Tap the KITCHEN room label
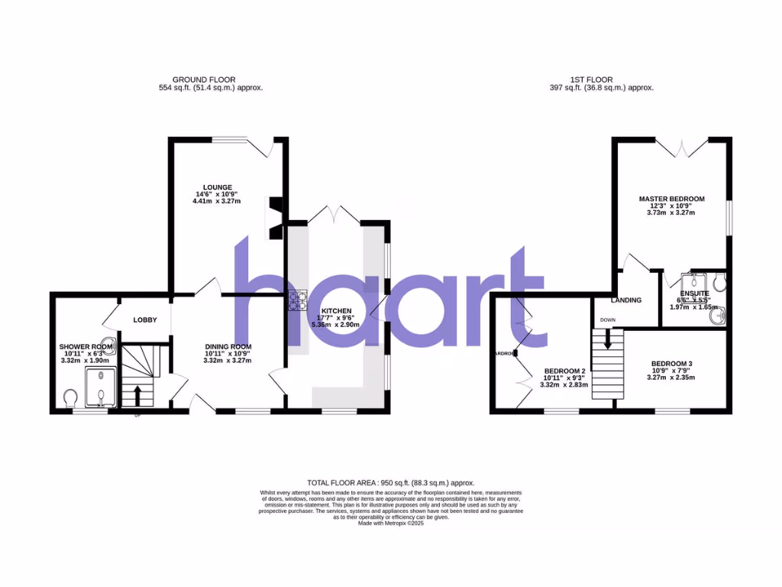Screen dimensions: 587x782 336,311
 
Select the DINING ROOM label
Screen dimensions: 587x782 228,346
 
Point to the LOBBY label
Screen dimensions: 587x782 145,319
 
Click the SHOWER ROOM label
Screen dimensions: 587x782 86,346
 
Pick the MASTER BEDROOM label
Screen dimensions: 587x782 671,199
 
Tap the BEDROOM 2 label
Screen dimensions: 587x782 565,370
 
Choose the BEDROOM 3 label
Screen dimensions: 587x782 672,363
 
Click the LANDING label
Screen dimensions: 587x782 625,300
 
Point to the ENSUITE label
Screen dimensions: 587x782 694,293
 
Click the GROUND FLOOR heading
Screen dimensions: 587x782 204,79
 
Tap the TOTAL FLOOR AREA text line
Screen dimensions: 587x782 391,483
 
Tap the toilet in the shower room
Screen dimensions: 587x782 71,398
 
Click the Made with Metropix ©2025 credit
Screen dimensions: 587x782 391,523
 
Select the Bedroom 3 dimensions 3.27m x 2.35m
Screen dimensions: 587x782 672,378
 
